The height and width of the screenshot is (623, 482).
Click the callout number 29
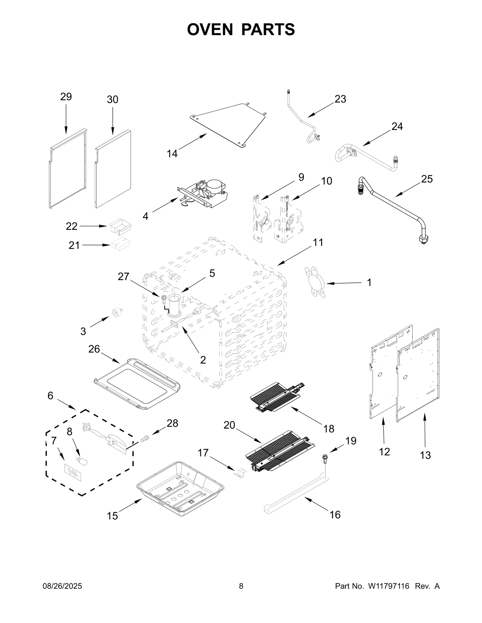coord(66,97)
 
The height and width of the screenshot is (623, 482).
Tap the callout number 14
coord(172,154)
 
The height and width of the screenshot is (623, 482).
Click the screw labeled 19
coord(325,466)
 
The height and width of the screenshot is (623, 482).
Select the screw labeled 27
coord(164,298)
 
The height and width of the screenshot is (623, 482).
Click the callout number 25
coord(427,179)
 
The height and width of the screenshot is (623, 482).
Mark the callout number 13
coord(425,455)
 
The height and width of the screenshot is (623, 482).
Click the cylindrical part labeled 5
coord(174,306)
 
